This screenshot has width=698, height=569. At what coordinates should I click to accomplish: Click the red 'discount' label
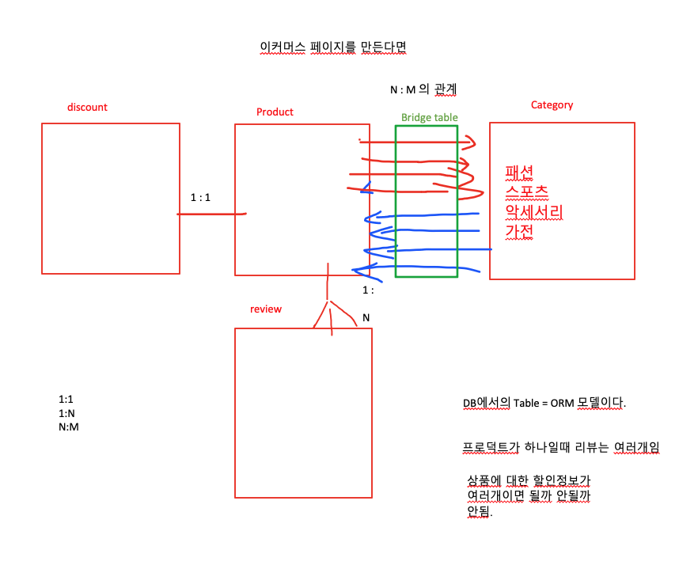pyautogui.click(x=87, y=107)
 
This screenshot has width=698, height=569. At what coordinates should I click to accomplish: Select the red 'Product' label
pyautogui.click(x=275, y=112)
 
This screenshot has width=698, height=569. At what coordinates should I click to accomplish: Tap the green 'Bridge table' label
pyautogui.click(x=429, y=117)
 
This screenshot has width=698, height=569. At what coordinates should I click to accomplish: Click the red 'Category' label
pyautogui.click(x=552, y=104)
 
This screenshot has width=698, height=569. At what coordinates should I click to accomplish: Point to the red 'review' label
pyautogui.click(x=265, y=309)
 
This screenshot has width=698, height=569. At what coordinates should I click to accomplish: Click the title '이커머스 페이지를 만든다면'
pyautogui.click(x=332, y=47)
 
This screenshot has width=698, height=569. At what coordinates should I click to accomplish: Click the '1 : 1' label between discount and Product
pyautogui.click(x=200, y=197)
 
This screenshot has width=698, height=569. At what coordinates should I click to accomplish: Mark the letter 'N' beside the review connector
pyautogui.click(x=366, y=317)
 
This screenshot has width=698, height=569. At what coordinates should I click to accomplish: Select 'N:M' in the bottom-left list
pyautogui.click(x=69, y=427)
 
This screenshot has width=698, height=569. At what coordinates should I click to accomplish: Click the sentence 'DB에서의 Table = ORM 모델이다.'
pyautogui.click(x=544, y=403)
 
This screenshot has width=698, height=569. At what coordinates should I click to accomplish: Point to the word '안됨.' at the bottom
pyautogui.click(x=480, y=511)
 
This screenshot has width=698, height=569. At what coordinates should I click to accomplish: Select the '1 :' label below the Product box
pyautogui.click(x=368, y=290)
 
